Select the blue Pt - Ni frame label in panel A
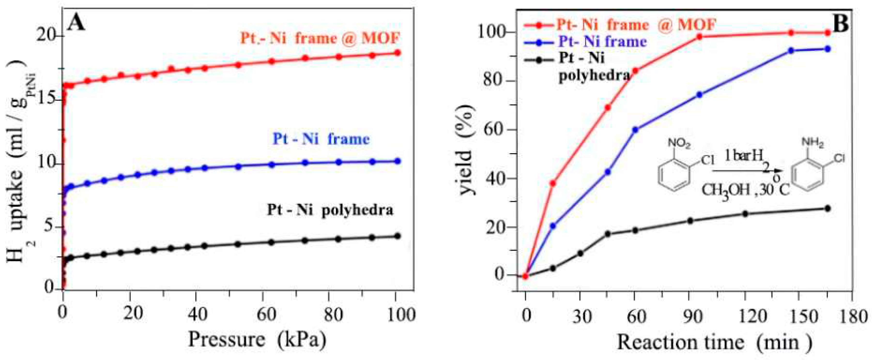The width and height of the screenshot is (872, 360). [321, 139]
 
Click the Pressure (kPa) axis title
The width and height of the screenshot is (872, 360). [257, 340]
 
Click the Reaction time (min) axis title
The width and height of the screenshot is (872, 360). [714, 342]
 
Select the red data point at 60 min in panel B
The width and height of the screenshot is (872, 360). [635, 71]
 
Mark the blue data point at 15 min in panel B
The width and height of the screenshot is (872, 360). [553, 226]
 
